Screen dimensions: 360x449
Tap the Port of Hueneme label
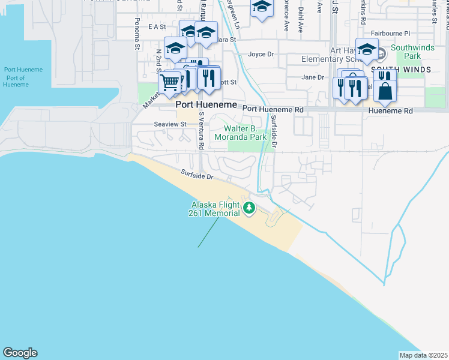[16, 81]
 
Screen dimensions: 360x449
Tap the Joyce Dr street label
[261, 54]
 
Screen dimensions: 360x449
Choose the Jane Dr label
[312, 77]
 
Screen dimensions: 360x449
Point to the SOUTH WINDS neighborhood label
[401, 70]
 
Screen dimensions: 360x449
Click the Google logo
[20, 353]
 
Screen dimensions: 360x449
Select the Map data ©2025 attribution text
[423, 355]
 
